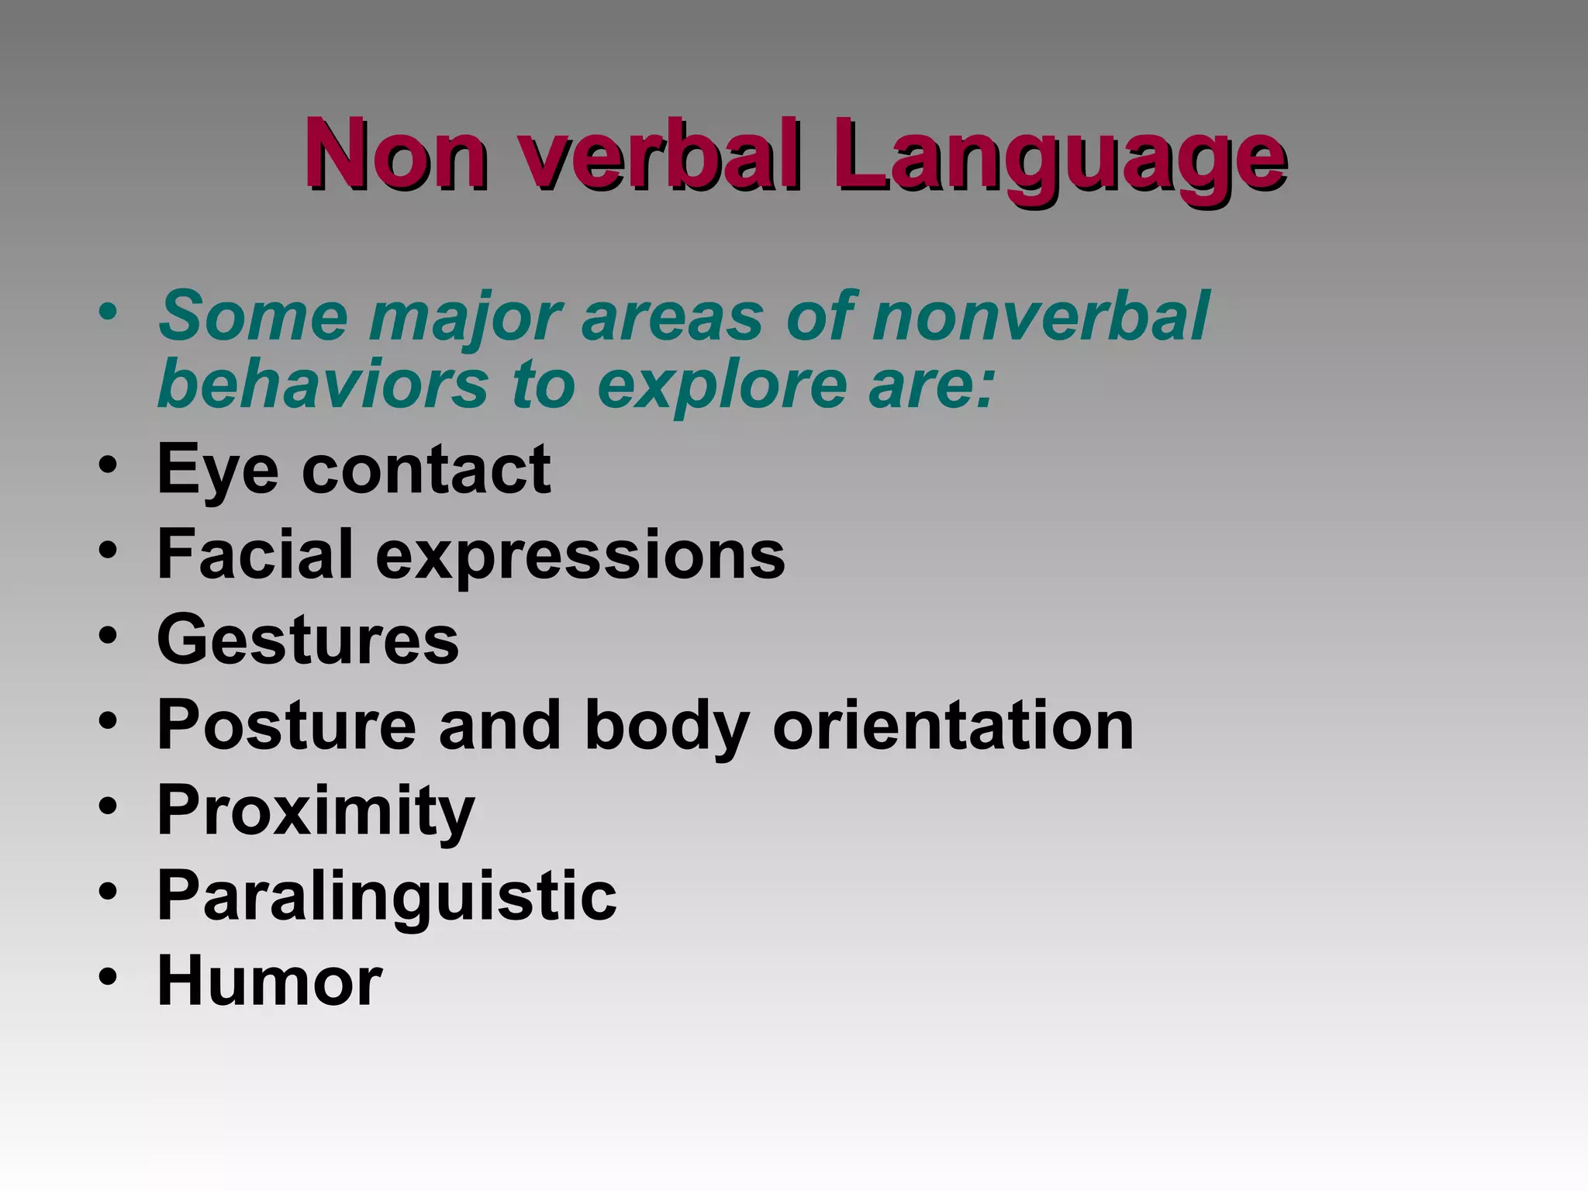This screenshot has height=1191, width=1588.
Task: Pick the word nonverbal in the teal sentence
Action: pyautogui.click(x=1040, y=316)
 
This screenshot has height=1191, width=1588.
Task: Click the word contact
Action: pyautogui.click(x=426, y=470)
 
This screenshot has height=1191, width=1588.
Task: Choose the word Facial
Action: pyautogui.click(x=255, y=554)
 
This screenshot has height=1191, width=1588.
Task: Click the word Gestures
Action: pyautogui.click(x=308, y=640)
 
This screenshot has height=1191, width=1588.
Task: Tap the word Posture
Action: pyautogui.click(x=287, y=725)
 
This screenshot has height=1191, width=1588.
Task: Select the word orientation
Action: pyautogui.click(x=953, y=725)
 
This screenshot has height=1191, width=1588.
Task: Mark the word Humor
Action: pyautogui.click(x=270, y=981)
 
